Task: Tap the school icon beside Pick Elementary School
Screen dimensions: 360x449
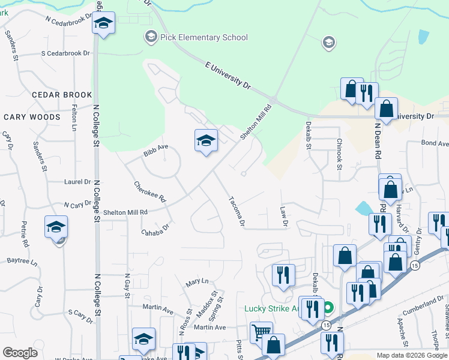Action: coord(149,37)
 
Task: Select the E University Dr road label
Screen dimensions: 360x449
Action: coord(228,74)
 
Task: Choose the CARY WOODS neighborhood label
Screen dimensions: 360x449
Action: coord(32,117)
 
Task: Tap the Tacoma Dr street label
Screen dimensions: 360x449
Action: coord(236,212)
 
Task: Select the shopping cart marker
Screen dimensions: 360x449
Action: coord(261,332)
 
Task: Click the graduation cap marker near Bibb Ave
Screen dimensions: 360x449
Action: coord(206,141)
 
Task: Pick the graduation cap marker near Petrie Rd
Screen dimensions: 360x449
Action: coord(56,227)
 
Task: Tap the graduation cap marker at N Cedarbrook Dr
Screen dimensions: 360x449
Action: coord(103,24)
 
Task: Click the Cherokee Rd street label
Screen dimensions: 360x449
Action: coord(149,191)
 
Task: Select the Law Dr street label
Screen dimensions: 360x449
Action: coord(284,217)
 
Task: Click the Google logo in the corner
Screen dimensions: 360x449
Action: coord(20,353)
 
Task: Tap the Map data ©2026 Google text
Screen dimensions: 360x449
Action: coord(411,355)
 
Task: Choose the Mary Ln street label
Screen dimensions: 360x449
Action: coord(197,281)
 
